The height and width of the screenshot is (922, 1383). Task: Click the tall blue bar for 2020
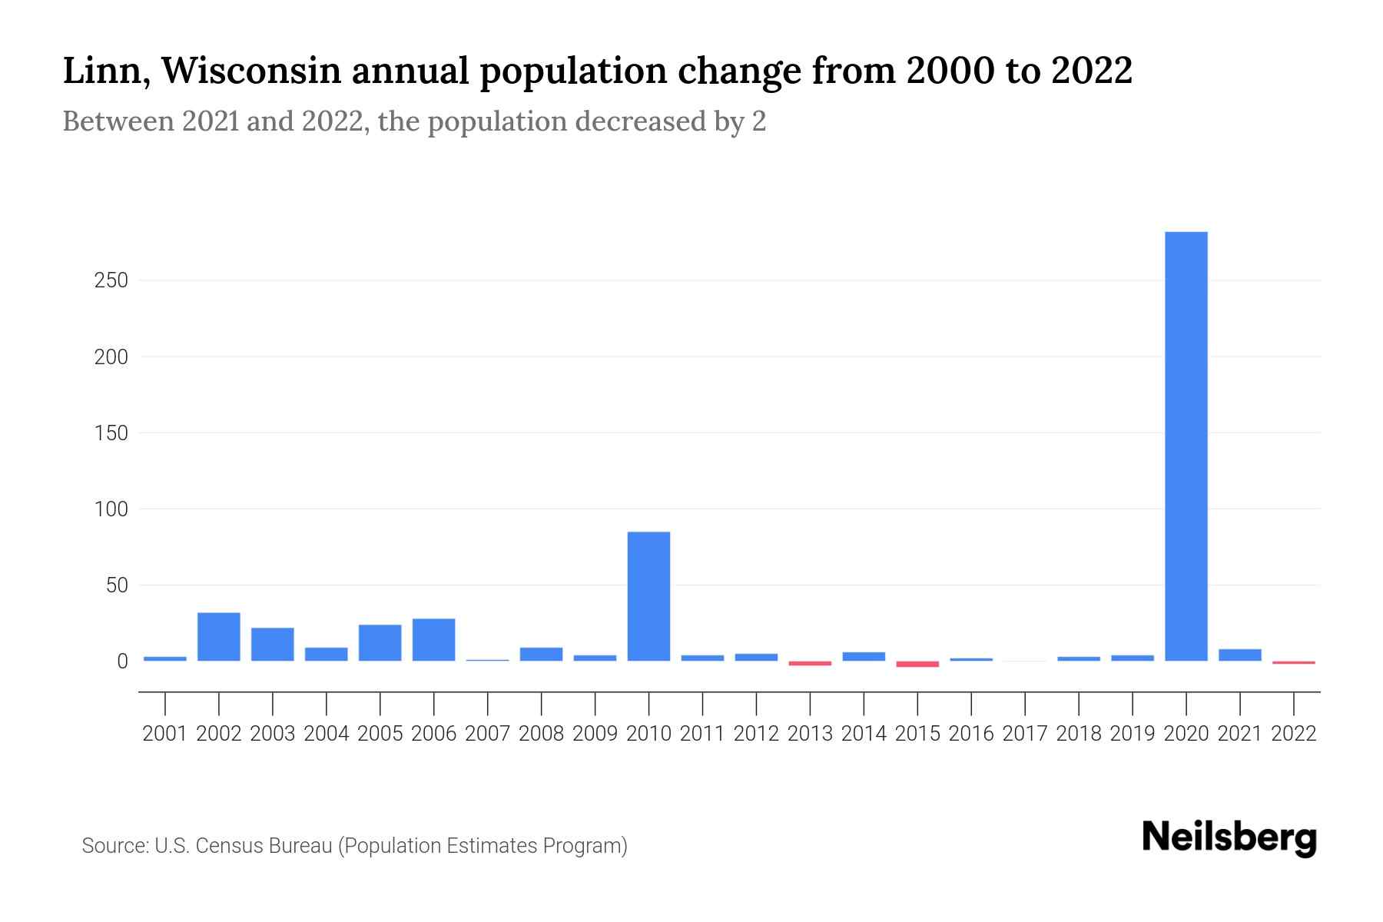[x=1186, y=446]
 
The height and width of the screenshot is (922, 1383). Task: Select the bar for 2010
[x=648, y=595]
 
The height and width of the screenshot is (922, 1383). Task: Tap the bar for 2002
[x=219, y=636]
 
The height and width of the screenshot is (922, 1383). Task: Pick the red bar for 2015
[x=917, y=664]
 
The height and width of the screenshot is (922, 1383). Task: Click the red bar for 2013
[x=810, y=663]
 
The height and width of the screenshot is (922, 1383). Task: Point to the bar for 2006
[x=433, y=639]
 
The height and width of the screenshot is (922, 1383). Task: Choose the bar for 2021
[x=1239, y=655]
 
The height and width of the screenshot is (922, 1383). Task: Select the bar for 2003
[x=273, y=644]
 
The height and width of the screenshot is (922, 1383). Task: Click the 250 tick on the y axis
[x=111, y=280]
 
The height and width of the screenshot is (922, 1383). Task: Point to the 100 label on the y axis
[x=111, y=509]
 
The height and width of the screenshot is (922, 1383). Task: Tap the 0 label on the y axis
[x=122, y=662]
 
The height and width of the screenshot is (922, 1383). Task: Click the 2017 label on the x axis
[x=1024, y=734]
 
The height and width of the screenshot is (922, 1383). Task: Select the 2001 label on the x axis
[x=165, y=734]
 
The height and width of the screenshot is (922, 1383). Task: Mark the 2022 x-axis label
[x=1293, y=734]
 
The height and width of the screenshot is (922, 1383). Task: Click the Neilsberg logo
[x=1229, y=837]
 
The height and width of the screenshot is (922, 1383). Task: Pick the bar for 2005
[x=380, y=642]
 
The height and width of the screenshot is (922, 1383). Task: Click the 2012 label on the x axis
[x=756, y=734]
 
